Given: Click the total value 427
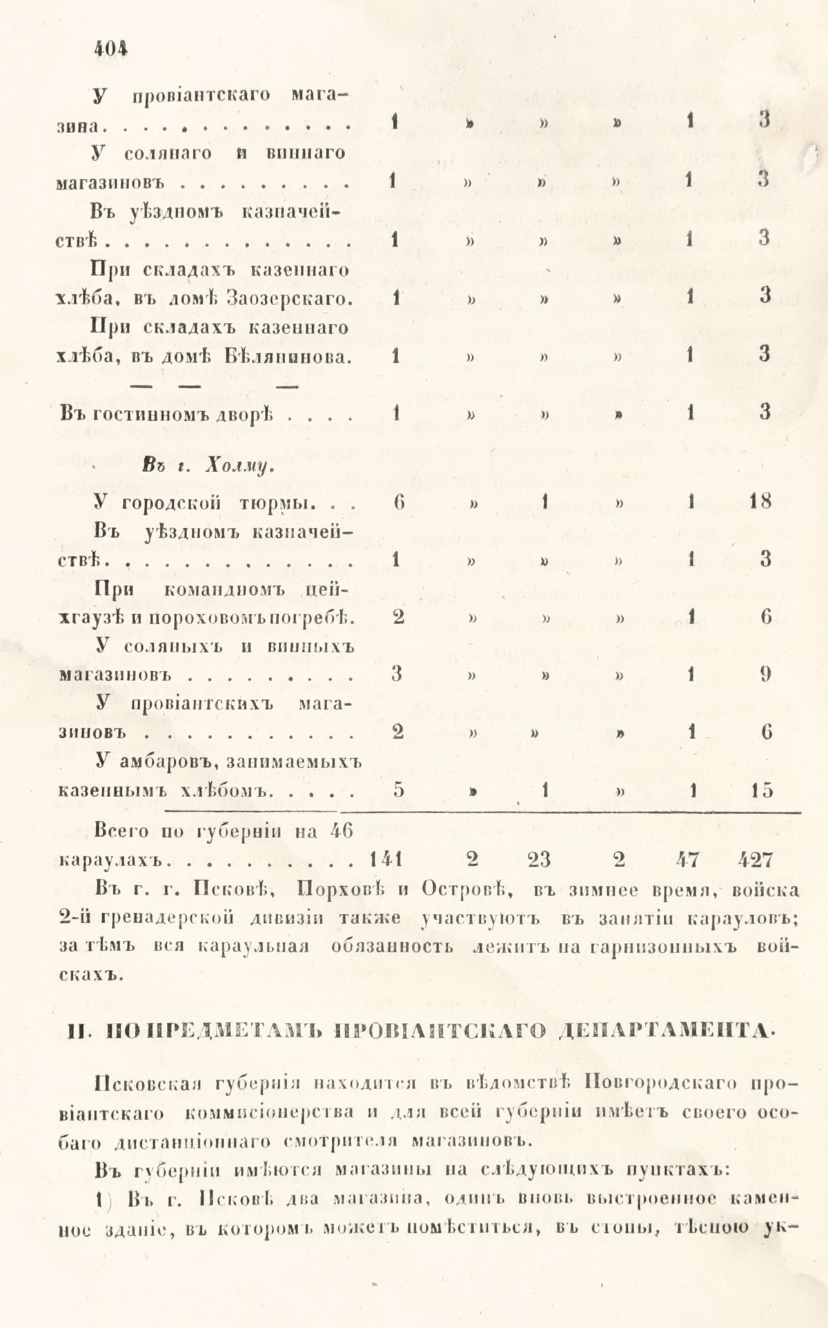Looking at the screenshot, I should pyautogui.click(x=755, y=859).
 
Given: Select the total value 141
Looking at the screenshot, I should pyautogui.click(x=386, y=859).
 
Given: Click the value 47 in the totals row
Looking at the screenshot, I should pyautogui.click(x=687, y=859).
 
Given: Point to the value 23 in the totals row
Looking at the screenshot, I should pyautogui.click(x=546, y=859).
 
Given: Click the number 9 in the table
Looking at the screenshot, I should pyautogui.click(x=765, y=674).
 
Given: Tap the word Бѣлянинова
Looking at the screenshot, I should pyautogui.click(x=288, y=357).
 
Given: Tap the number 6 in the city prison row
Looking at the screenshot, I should pyautogui.click(x=398, y=502).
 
